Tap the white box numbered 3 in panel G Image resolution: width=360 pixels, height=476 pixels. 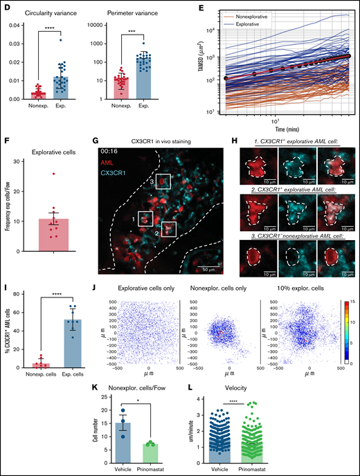click(163, 182)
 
